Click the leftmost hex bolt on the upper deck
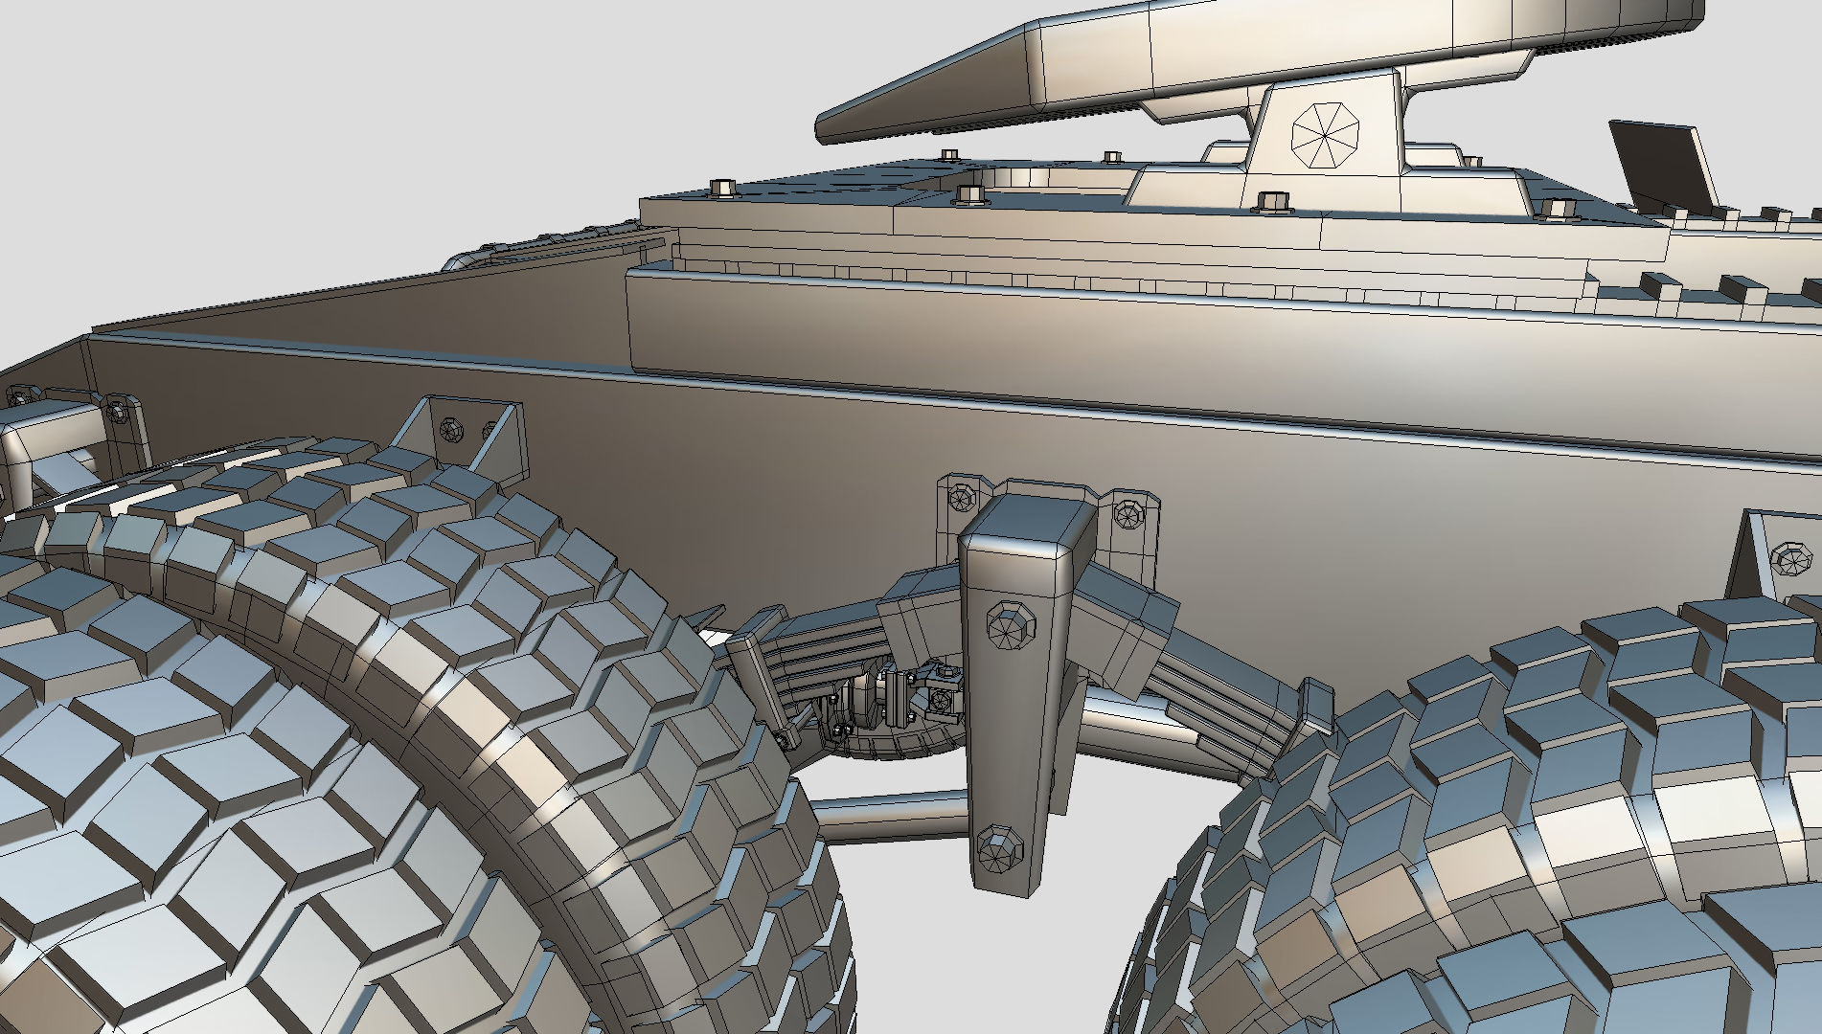coord(723,187)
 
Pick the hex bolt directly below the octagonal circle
coord(1271,201)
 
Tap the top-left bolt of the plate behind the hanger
coord(960,497)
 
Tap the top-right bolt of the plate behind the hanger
coord(1127,514)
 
